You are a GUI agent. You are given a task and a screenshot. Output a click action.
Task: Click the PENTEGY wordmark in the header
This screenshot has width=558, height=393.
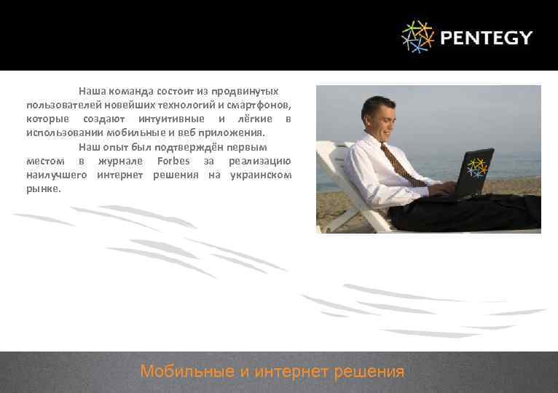(x=487, y=38)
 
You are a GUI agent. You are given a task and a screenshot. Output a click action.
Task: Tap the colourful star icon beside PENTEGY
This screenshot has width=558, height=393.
(x=417, y=37)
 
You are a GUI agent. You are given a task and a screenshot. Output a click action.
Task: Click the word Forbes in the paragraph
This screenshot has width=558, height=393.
(x=173, y=161)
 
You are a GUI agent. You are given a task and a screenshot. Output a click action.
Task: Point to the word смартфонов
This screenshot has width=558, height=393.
(x=264, y=106)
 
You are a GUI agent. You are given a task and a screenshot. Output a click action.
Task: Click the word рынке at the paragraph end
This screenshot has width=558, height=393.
(x=42, y=188)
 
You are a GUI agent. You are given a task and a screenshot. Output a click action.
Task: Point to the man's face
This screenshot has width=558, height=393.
(x=384, y=116)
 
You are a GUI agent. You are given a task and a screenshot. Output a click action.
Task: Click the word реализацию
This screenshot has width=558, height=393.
(x=260, y=161)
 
